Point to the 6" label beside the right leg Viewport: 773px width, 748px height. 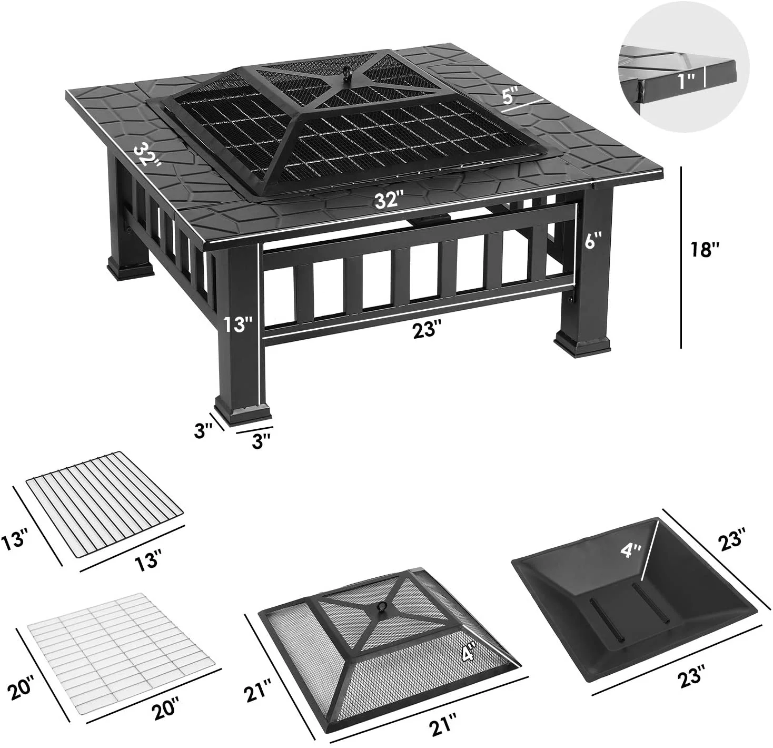pyautogui.click(x=593, y=241)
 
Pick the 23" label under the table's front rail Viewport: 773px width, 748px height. pyautogui.click(x=427, y=329)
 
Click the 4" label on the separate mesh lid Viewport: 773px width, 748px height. pyautogui.click(x=468, y=654)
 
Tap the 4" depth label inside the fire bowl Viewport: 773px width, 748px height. pyautogui.click(x=630, y=550)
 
